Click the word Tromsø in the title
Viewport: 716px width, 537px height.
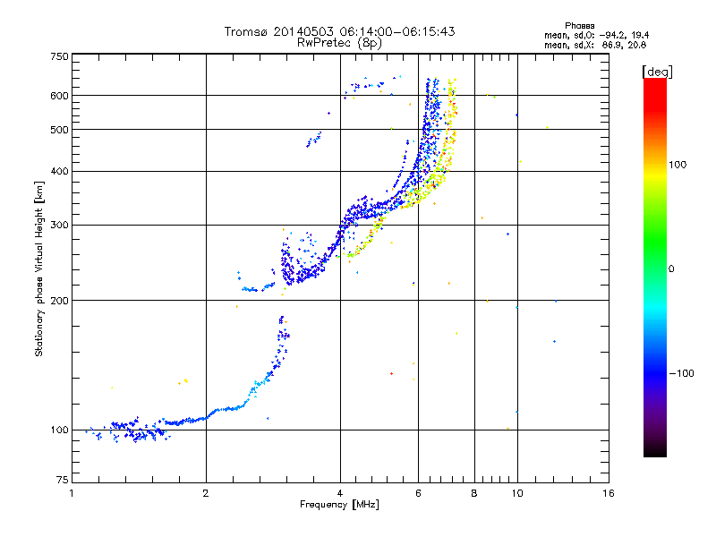pos(245,31)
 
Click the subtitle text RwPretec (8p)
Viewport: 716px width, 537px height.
pos(339,43)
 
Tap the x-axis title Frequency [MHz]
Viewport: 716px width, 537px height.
pos(339,505)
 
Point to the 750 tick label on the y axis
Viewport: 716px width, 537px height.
pos(59,56)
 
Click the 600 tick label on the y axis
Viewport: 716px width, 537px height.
pos(59,96)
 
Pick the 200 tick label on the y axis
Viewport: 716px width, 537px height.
pos(59,301)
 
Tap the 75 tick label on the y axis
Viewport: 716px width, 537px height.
pos(63,480)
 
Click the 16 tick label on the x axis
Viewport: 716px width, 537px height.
pos(609,493)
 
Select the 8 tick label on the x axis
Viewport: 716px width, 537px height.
pos(474,493)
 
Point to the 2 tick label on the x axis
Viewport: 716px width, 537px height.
pos(206,493)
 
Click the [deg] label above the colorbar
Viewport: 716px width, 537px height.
pos(657,72)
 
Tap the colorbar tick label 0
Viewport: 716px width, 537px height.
pos(671,269)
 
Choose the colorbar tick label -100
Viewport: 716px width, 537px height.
pos(681,373)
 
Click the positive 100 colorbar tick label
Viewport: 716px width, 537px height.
pos(678,165)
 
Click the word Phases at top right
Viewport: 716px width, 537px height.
pos(579,26)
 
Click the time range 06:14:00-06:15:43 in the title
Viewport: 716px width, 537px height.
pos(397,31)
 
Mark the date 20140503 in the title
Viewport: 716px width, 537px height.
pos(304,31)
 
